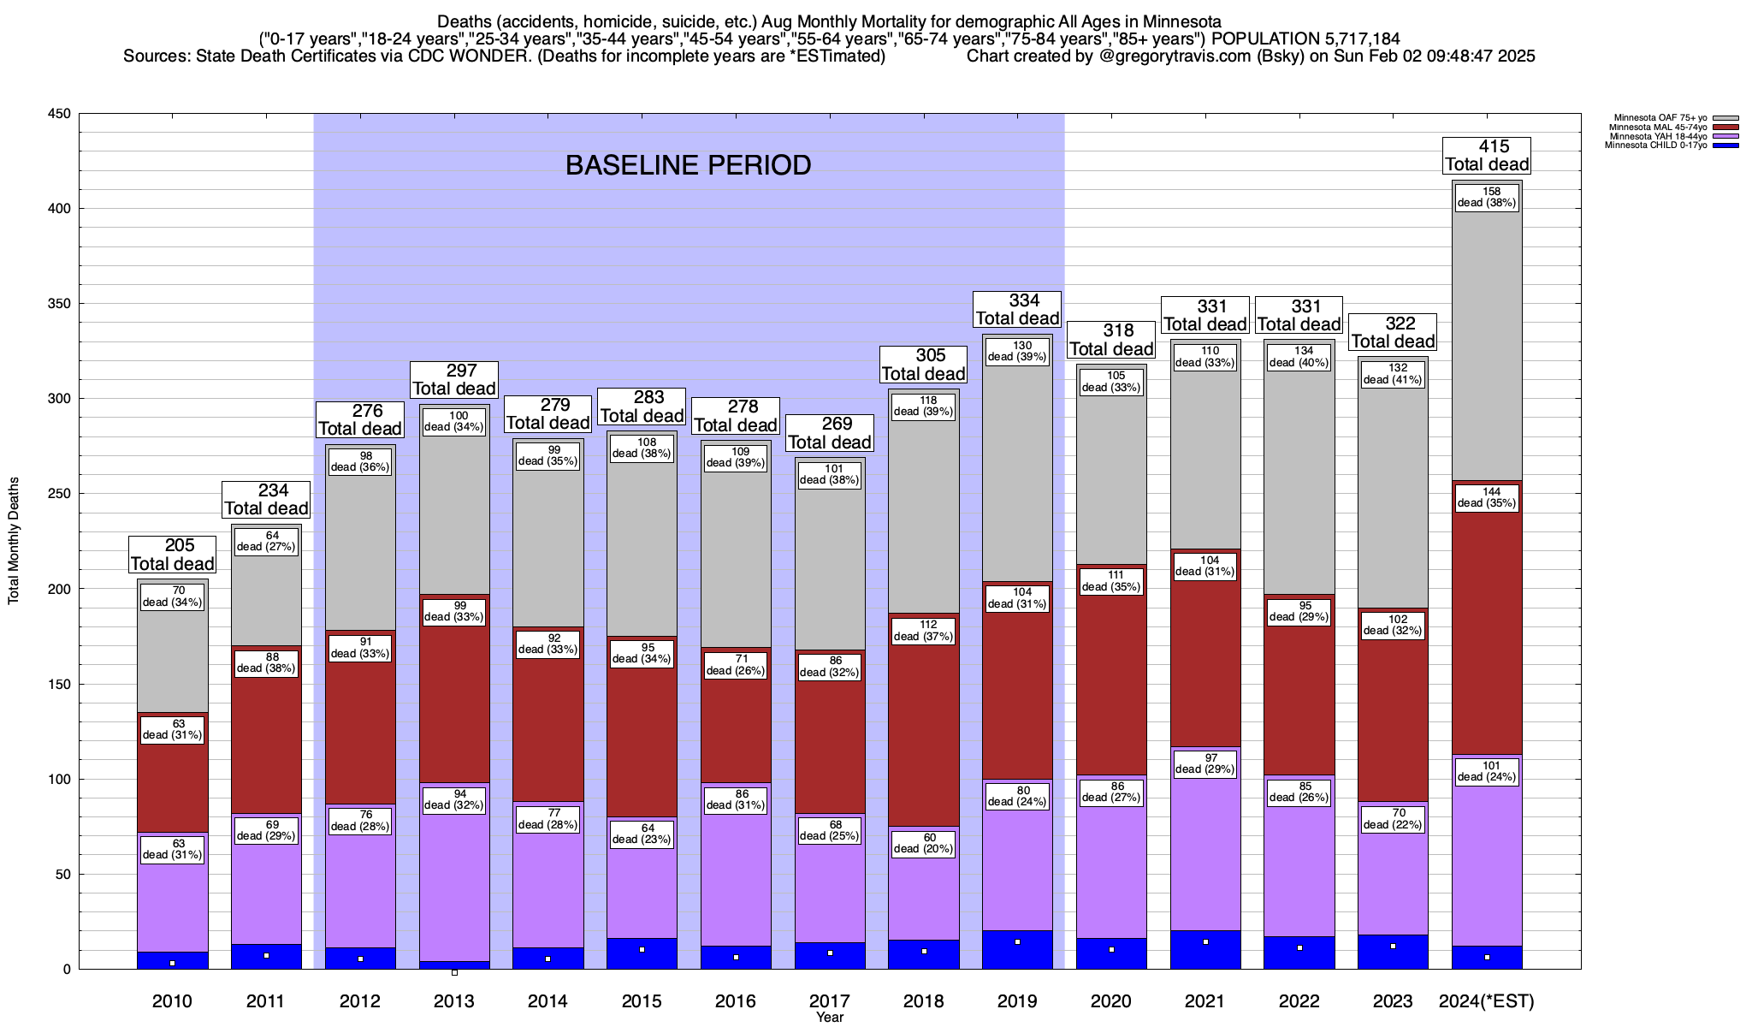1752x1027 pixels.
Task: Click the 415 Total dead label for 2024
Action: (x=1487, y=156)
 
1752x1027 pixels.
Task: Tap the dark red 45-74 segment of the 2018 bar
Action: (x=923, y=727)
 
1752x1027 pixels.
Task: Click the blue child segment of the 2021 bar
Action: (x=1205, y=950)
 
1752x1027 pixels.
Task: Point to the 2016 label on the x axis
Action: (x=736, y=1001)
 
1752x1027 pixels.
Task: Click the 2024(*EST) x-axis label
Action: (x=1487, y=1001)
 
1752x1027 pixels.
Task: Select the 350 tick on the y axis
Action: (x=60, y=304)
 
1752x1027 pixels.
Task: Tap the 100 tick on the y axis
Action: (x=60, y=780)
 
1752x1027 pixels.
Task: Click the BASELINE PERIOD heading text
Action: (x=689, y=165)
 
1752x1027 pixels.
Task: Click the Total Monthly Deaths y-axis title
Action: (x=14, y=540)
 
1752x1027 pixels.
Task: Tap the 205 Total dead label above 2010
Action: (x=172, y=555)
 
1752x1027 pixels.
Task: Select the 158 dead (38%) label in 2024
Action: (x=1487, y=197)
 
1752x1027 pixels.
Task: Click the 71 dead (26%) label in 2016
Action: (x=736, y=665)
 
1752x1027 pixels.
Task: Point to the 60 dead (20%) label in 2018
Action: (x=923, y=844)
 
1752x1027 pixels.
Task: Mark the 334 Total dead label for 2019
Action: (x=1017, y=310)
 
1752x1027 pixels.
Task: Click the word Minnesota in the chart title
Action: (x=1177, y=21)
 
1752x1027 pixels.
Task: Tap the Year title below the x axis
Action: (x=829, y=1018)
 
